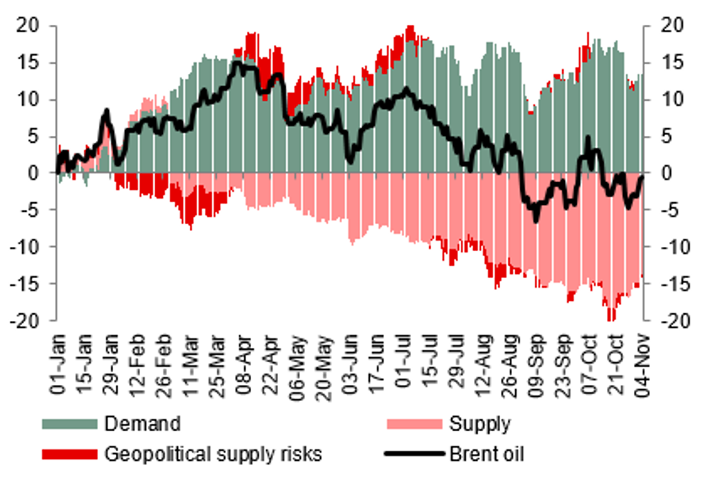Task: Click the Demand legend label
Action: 142,423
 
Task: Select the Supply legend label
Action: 480,423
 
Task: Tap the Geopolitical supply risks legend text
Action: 213,454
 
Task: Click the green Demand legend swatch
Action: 69,424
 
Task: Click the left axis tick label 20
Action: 31,26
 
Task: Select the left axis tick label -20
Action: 28,321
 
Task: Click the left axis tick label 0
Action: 36,173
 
